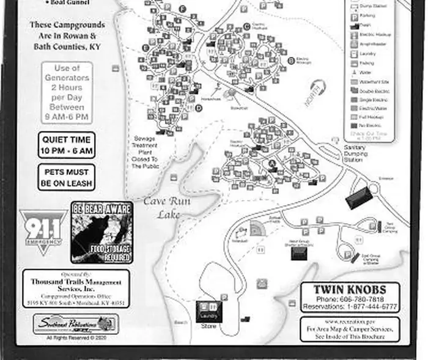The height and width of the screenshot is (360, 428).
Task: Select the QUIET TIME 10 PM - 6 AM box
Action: pyautogui.click(x=67, y=145)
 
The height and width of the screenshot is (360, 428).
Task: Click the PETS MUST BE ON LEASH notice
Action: pyautogui.click(x=67, y=177)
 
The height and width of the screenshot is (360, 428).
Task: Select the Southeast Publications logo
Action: pyautogui.click(x=76, y=323)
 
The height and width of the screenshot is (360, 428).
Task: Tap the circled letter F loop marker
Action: pyautogui.click(x=184, y=9)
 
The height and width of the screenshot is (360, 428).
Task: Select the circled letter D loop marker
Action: pyautogui.click(x=199, y=108)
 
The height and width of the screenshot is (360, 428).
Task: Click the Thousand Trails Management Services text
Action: pyautogui.click(x=76, y=285)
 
